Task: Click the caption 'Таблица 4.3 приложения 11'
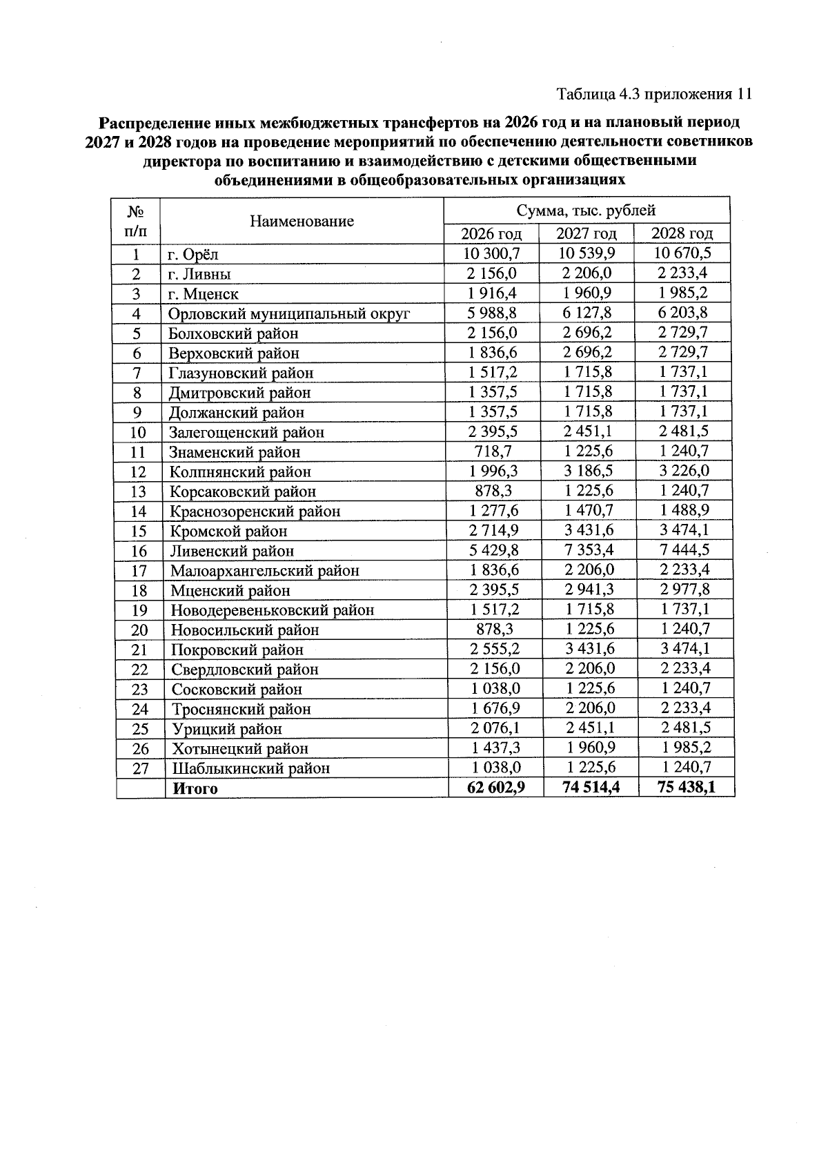653,94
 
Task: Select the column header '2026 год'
491,233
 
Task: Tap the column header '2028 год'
682,233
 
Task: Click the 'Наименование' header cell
302,221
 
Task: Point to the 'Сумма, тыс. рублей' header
586,211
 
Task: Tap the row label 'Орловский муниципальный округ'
290,313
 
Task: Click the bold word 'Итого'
195,788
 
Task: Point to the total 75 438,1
685,788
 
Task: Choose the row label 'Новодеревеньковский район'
273,610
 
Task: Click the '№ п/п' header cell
137,220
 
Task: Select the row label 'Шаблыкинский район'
250,768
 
